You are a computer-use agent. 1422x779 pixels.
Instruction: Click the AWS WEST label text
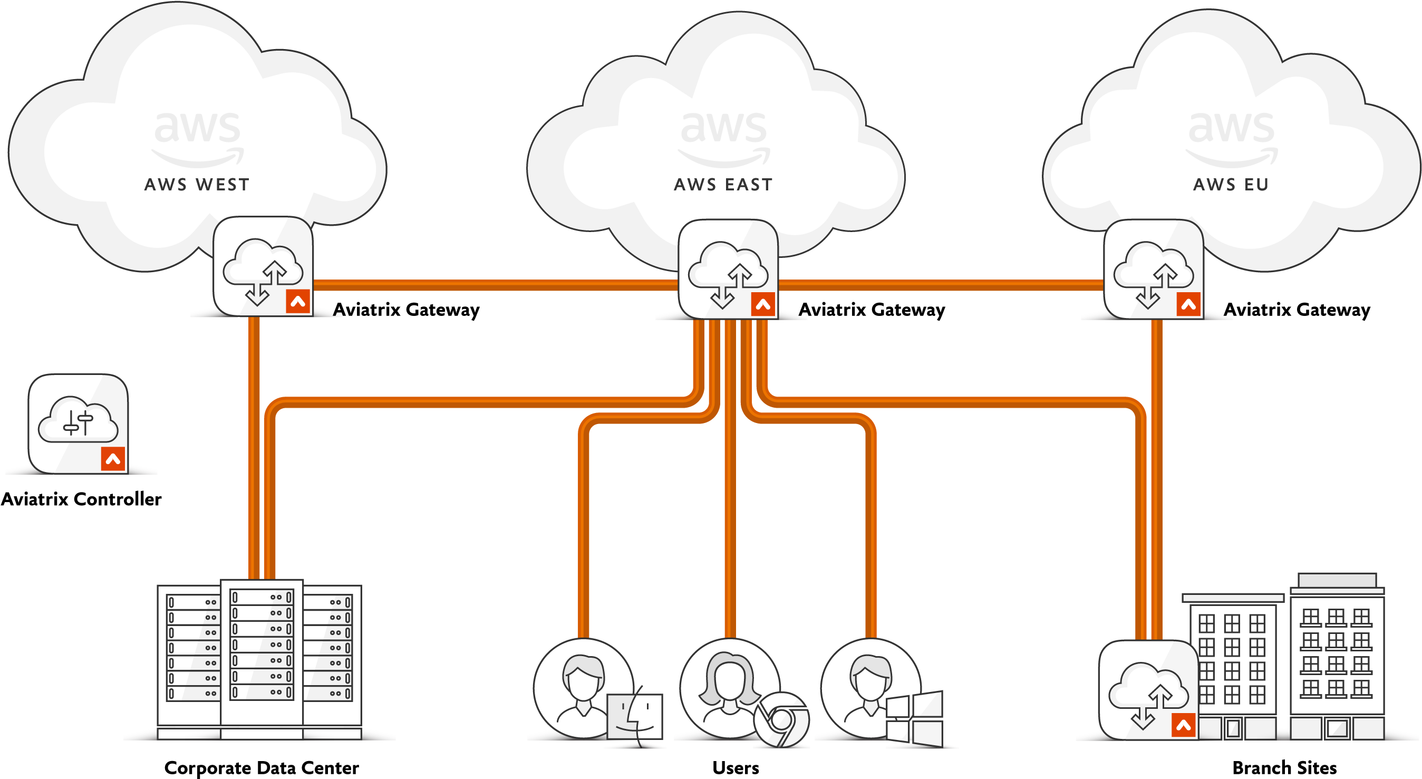pos(197,185)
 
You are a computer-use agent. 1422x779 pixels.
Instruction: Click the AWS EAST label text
pos(723,185)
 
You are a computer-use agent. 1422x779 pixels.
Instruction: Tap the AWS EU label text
pos(1231,185)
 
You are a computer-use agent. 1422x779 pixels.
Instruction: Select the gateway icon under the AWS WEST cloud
pos(262,266)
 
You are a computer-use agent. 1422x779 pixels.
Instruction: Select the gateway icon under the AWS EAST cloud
pos(728,269)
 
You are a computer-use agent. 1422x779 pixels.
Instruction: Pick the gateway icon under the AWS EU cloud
pos(1153,269)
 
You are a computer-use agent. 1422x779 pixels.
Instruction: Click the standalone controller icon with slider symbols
pos(78,424)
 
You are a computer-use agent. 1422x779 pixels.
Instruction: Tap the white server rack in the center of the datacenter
pos(262,651)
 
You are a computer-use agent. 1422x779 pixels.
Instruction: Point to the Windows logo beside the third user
pos(915,718)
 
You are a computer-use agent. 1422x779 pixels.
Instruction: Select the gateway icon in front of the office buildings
pos(1148,690)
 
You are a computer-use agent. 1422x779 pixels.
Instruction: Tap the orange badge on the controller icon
pos(113,459)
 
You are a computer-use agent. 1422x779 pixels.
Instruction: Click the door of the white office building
pos(1337,728)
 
